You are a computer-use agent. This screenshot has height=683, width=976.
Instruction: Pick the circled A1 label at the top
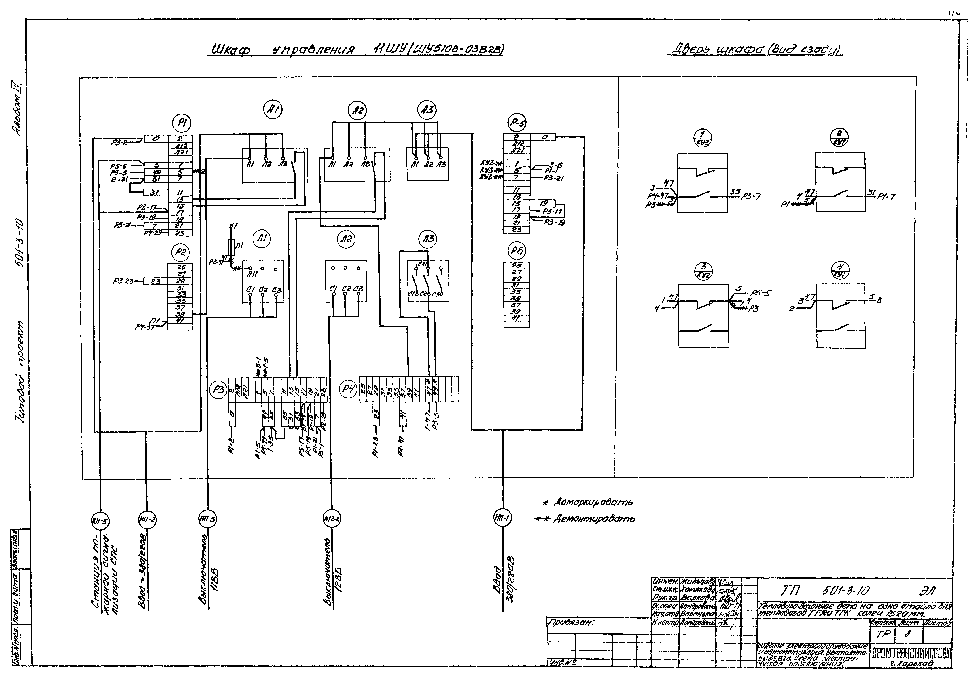coord(273,110)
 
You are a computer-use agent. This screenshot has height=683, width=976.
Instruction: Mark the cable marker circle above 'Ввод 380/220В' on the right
coord(503,518)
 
